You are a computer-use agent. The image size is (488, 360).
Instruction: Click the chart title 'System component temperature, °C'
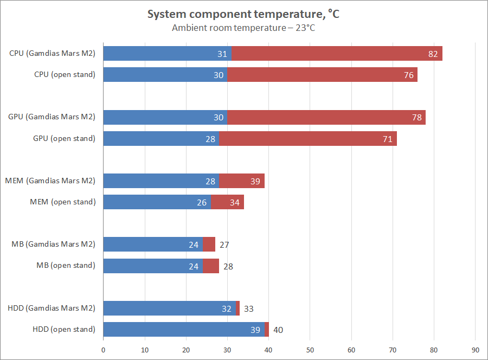(x=243, y=15)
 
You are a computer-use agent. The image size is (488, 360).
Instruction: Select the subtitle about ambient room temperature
(x=243, y=28)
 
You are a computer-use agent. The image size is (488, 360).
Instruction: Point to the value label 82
(x=432, y=54)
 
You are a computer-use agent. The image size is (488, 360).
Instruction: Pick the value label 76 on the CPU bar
(x=408, y=75)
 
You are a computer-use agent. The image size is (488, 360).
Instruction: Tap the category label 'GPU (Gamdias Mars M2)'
(x=52, y=117)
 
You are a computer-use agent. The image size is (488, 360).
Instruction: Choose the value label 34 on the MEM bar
(x=234, y=202)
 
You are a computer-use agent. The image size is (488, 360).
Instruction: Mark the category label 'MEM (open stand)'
(x=62, y=202)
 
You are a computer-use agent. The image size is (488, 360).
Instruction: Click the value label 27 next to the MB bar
(x=224, y=245)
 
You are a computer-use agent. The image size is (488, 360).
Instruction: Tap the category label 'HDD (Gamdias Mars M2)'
(x=52, y=308)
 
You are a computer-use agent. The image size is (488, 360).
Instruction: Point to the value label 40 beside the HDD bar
(x=278, y=330)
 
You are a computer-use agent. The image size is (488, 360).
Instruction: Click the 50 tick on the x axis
(x=310, y=350)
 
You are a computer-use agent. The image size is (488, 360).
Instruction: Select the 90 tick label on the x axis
(x=475, y=350)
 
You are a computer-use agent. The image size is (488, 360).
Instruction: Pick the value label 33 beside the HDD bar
(x=248, y=308)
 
